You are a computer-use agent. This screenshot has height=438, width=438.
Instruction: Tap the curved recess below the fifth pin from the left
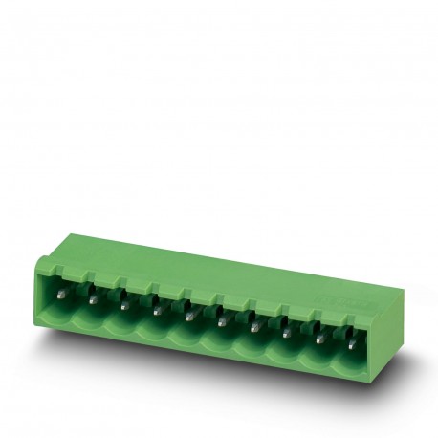click(x=190, y=331)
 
